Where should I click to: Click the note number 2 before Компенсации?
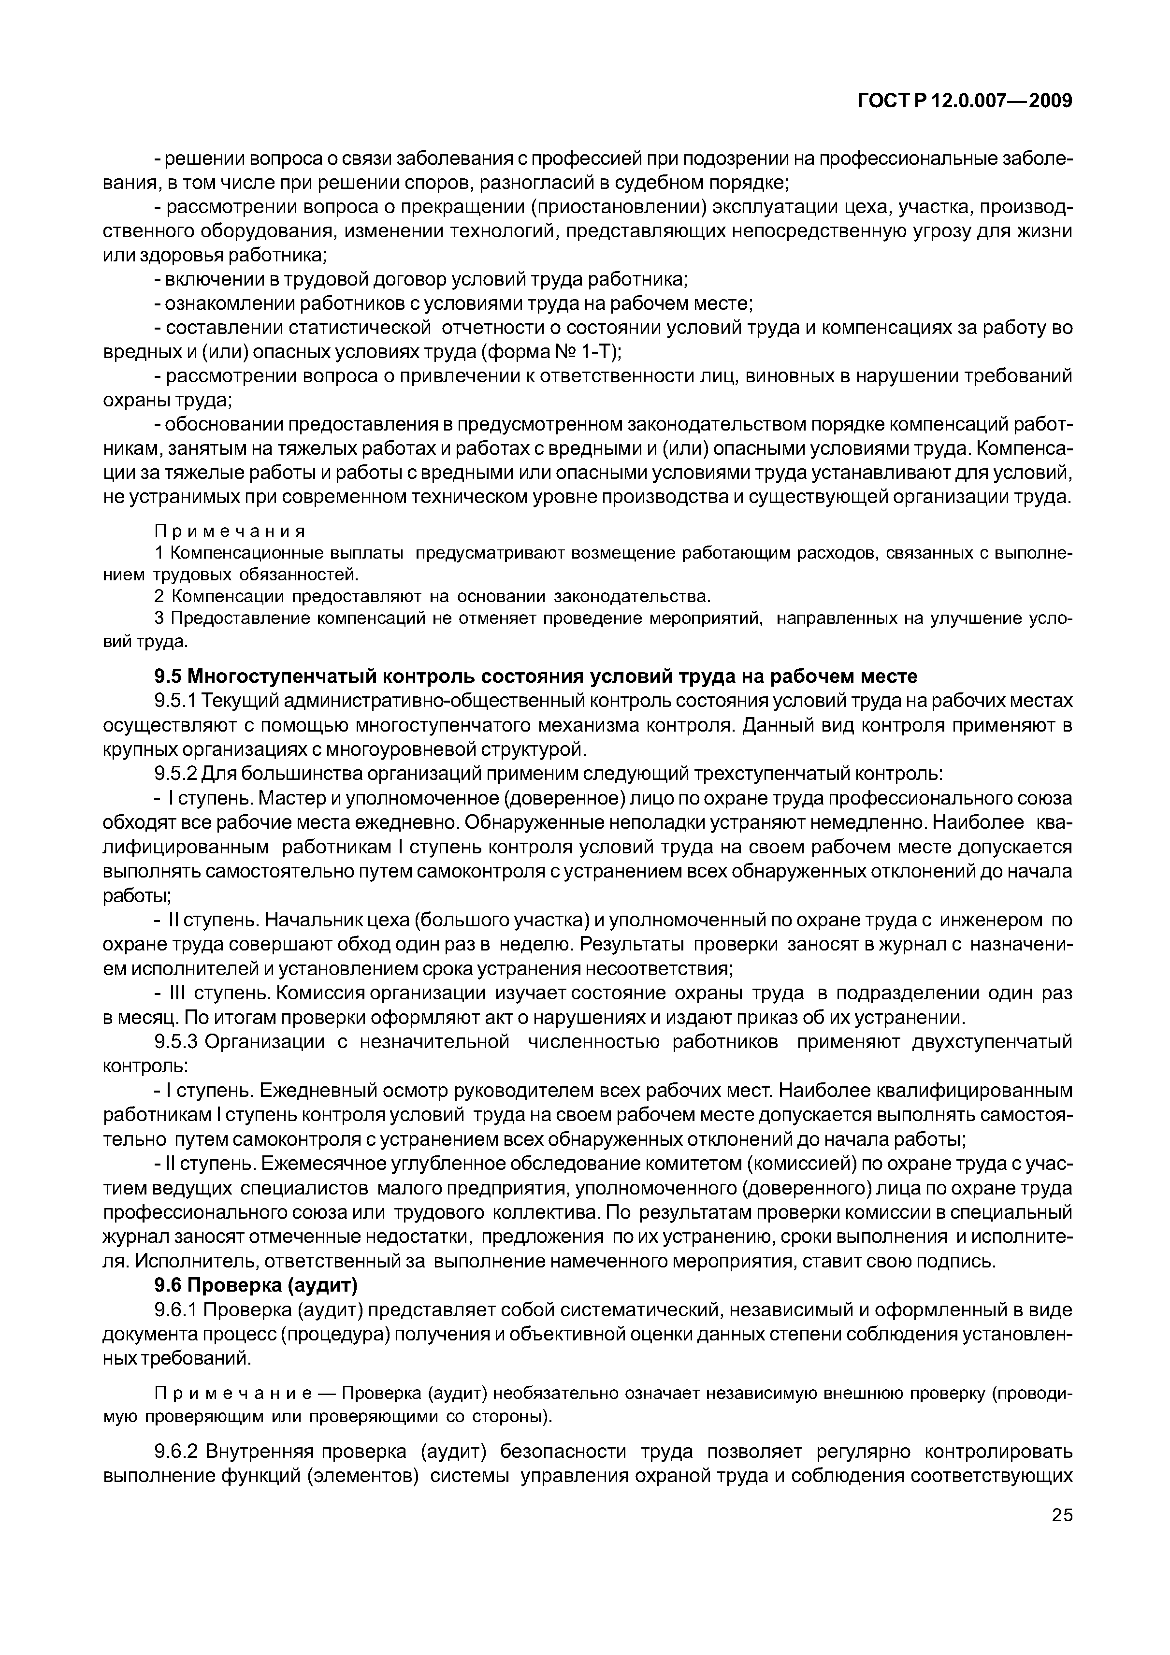point(159,597)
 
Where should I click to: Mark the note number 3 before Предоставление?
point(159,619)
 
